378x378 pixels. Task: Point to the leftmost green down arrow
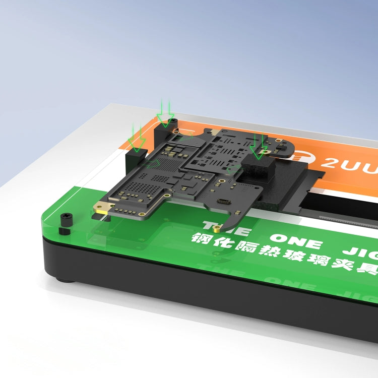tap(137, 138)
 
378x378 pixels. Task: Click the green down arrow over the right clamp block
tap(259, 147)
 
